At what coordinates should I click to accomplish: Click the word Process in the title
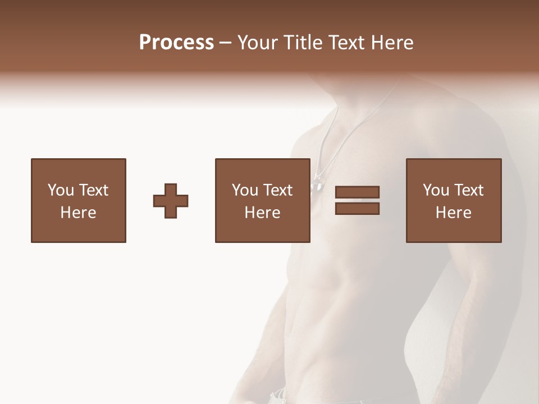(x=176, y=43)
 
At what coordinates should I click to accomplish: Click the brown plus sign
(x=171, y=201)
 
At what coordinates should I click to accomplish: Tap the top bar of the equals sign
(x=357, y=192)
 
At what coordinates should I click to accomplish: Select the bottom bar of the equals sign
(x=357, y=209)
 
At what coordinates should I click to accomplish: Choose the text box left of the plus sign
(x=79, y=200)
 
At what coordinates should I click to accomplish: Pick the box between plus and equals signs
(x=262, y=200)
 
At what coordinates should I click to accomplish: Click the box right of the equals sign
(x=453, y=200)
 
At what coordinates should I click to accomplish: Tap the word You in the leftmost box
(x=61, y=190)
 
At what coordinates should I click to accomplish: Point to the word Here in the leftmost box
(x=79, y=213)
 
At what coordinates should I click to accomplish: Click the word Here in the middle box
(x=262, y=213)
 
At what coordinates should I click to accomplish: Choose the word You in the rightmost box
(x=436, y=190)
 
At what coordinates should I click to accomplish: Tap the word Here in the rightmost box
(x=453, y=213)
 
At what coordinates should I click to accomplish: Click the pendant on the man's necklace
(x=317, y=183)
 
